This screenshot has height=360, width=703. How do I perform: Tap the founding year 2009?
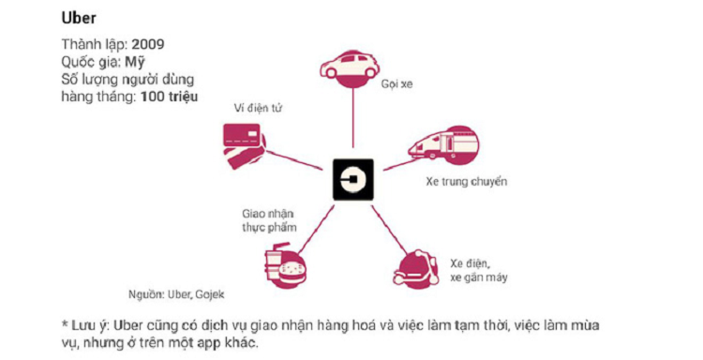150,45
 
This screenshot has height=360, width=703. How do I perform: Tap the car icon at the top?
351,67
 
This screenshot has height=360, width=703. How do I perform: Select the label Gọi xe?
396,84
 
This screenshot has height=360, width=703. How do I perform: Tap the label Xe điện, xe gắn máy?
472,270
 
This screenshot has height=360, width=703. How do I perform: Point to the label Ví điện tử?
257,109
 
